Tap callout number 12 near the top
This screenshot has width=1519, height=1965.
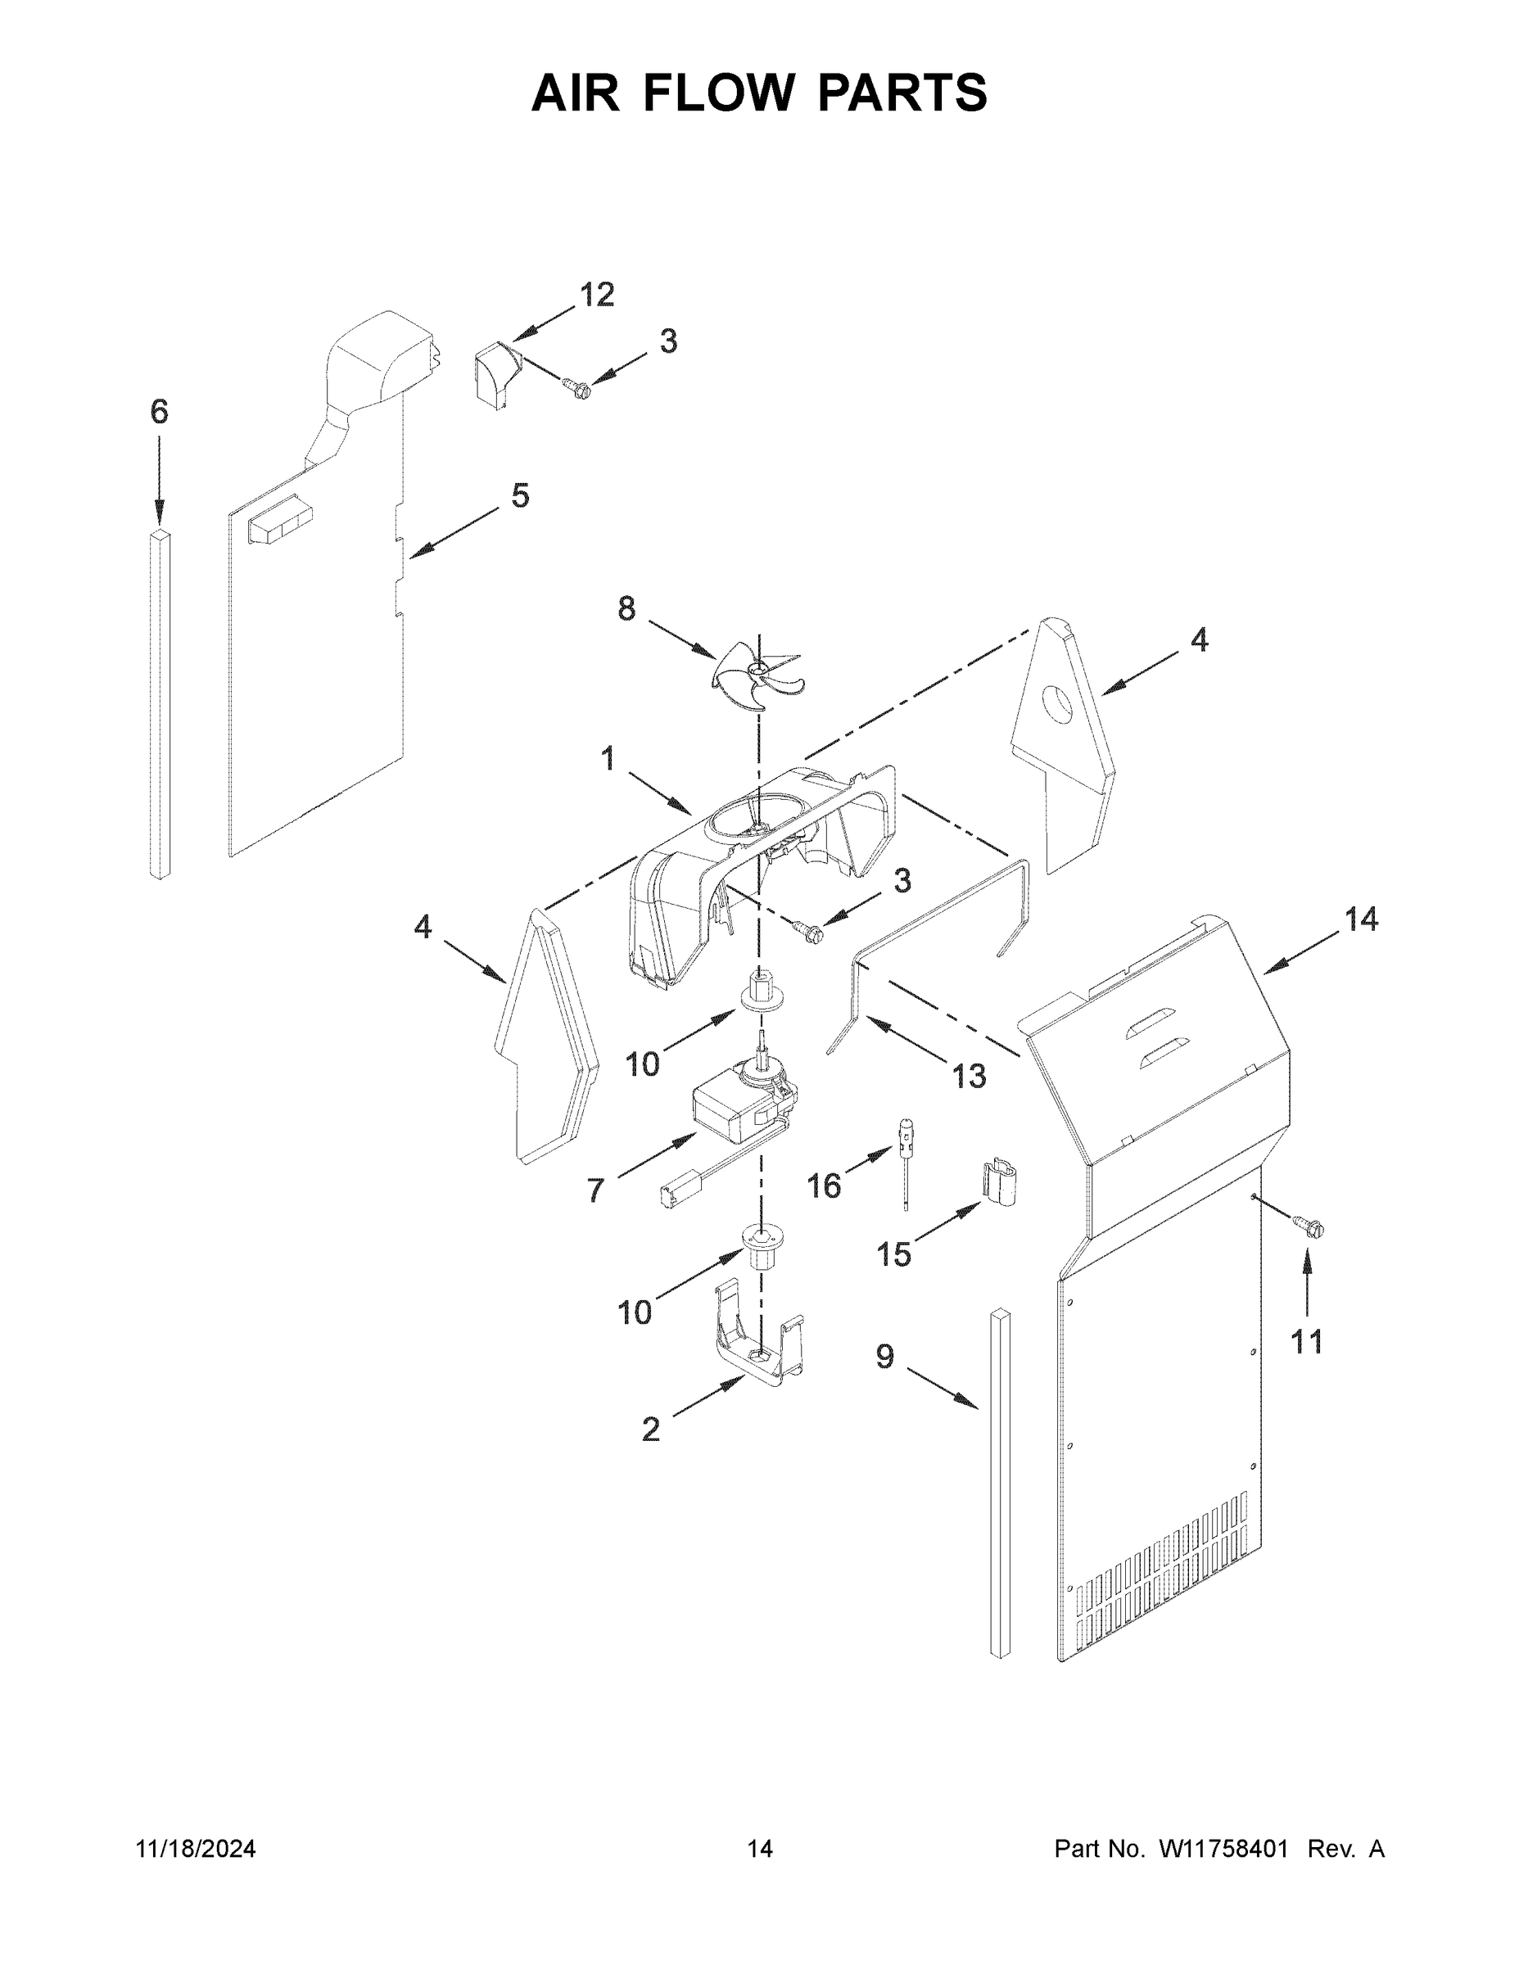pos(597,294)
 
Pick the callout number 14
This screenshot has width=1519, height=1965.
pos(1361,919)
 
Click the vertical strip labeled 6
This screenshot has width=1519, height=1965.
pos(160,702)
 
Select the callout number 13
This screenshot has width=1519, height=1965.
pos(968,1076)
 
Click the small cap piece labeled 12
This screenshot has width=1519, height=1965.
pos(493,376)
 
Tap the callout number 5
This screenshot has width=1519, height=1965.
pos(520,495)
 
